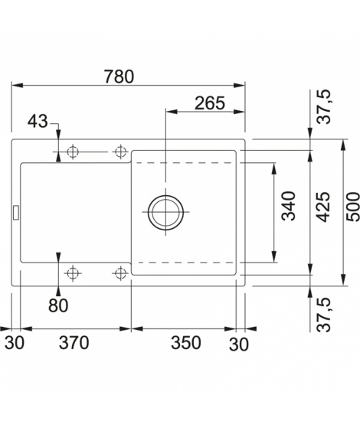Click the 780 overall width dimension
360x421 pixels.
pyautogui.click(x=119, y=77)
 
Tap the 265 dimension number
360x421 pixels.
pyautogui.click(x=210, y=103)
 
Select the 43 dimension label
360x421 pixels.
pyautogui.click(x=38, y=121)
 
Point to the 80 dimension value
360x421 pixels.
pyautogui.click(x=58, y=305)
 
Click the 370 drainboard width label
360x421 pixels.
pyautogui.click(x=74, y=343)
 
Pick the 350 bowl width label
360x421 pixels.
pyautogui.click(x=186, y=343)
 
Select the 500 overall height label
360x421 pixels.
pyautogui.click(x=352, y=207)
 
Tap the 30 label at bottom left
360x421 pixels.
pyautogui.click(x=15, y=343)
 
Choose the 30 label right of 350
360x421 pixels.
pyautogui.click(x=239, y=344)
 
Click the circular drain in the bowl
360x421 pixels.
pyautogui.click(x=165, y=212)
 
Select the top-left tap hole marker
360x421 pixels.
pyautogui.click(x=73, y=152)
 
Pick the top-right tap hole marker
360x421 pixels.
pyautogui.click(x=121, y=152)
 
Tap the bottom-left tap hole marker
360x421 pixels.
pyautogui.click(x=73, y=273)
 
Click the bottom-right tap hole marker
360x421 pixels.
pyautogui.click(x=121, y=273)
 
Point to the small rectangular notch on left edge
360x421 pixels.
pyautogui.click(x=16, y=213)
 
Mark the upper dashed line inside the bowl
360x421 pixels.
pyautogui.click(x=185, y=163)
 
